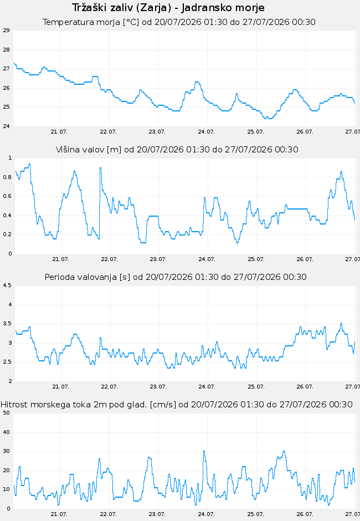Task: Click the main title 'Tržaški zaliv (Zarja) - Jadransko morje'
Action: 168,8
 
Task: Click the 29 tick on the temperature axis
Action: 6,30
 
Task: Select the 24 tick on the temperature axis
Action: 6,126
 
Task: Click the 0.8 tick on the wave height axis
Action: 7,177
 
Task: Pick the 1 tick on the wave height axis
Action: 10,158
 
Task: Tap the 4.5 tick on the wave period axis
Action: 7,285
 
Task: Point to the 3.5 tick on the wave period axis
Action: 7,324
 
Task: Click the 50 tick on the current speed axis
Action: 6,413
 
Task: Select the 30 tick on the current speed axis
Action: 6,451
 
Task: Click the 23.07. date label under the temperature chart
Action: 157,132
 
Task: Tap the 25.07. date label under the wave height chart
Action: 256,259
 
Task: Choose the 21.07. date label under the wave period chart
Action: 60,387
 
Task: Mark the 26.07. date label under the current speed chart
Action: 305,514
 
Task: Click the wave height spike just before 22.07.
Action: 100,168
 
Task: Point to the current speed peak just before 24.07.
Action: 204,452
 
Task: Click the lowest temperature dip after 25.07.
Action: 270,118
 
